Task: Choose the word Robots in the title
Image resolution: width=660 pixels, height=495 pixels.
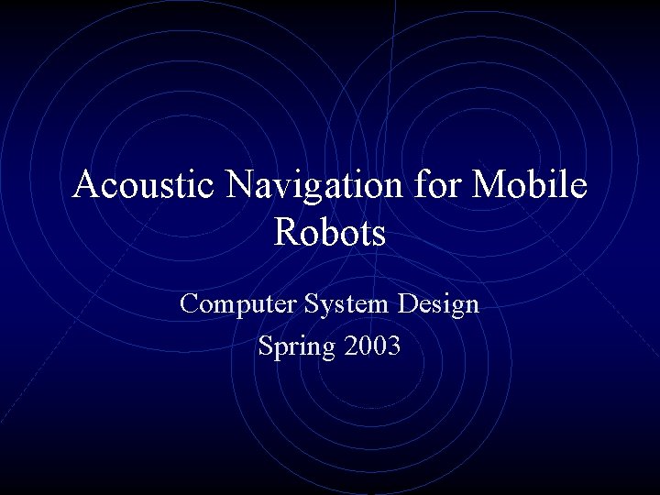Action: [330, 233]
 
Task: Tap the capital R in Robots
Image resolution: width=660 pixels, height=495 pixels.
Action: [287, 233]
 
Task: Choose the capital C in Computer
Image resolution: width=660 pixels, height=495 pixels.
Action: [190, 302]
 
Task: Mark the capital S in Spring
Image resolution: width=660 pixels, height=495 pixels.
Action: [266, 346]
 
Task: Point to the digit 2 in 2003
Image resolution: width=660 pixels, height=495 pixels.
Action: [349, 347]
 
